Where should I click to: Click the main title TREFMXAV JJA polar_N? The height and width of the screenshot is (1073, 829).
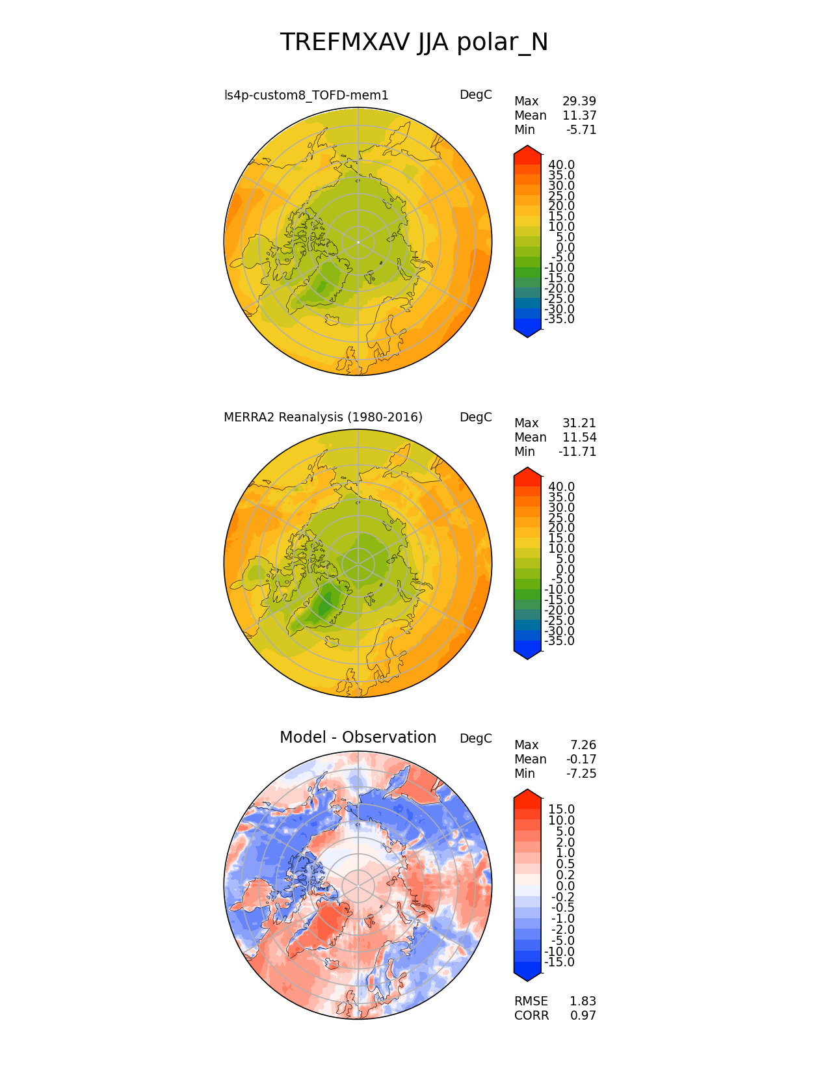[x=414, y=43]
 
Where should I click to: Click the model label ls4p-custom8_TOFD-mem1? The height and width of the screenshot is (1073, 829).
[x=306, y=96]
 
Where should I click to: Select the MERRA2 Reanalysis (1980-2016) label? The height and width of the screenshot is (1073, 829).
[x=323, y=417]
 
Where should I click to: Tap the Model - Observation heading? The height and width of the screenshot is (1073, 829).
[x=358, y=737]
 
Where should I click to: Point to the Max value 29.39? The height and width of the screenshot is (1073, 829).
[x=579, y=101]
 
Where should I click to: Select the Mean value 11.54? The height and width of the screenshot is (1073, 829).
[x=579, y=438]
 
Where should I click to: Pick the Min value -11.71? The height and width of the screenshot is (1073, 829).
[x=577, y=452]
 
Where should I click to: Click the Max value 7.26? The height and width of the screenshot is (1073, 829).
[x=583, y=745]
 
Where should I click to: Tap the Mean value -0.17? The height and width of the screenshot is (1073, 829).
[x=581, y=760]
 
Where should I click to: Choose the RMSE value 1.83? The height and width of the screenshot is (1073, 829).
[x=583, y=1001]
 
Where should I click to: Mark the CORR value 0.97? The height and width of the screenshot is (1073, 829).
[x=583, y=1016]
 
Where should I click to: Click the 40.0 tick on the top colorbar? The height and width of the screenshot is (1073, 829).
[x=561, y=165]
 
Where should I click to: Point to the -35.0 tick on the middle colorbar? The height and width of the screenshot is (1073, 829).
[x=559, y=641]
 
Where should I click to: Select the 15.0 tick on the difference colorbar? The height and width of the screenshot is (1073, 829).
[x=562, y=810]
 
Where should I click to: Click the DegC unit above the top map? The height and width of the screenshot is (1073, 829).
[x=475, y=95]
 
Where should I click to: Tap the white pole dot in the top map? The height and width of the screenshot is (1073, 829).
[x=358, y=242]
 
